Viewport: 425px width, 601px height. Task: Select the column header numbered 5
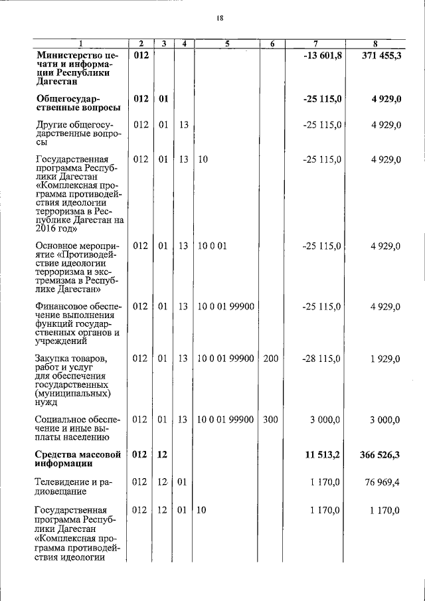pyautogui.click(x=226, y=43)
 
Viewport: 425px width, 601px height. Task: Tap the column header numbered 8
pyautogui.click(x=377, y=43)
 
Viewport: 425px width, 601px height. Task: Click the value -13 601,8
pyautogui.click(x=322, y=55)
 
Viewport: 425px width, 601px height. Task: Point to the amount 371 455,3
pyautogui.click(x=381, y=55)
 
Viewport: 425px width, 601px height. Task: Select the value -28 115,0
pyautogui.click(x=322, y=359)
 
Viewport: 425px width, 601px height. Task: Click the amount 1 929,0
pyautogui.click(x=385, y=359)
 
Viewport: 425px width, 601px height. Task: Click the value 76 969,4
pyautogui.click(x=384, y=483)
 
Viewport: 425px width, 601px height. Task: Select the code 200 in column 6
pyautogui.click(x=270, y=359)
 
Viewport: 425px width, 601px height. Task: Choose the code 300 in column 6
pyautogui.click(x=270, y=420)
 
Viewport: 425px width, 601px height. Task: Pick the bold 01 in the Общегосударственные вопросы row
pyautogui.click(x=163, y=99)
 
